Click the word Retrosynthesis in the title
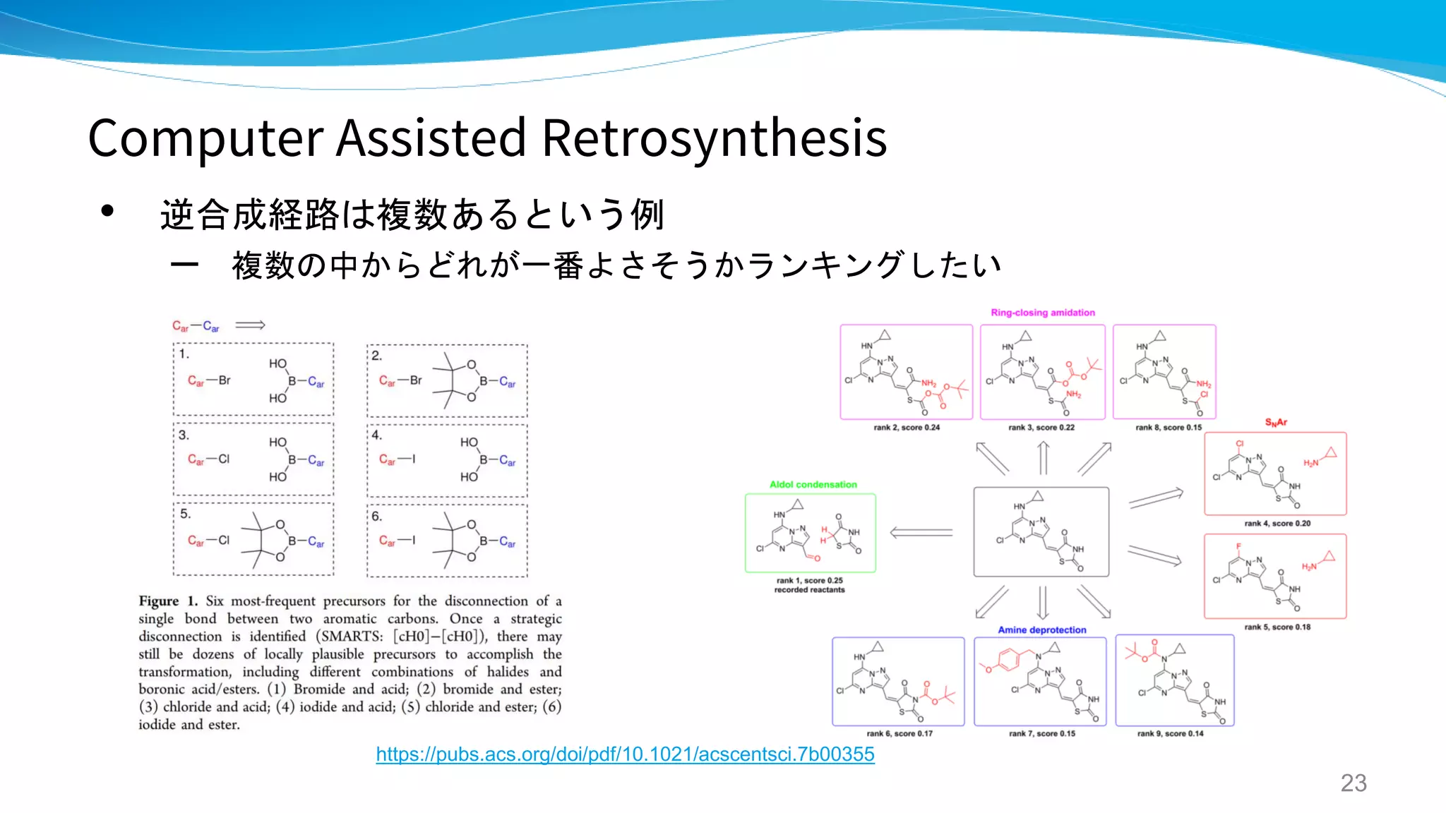point(714,138)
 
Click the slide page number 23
point(1353,783)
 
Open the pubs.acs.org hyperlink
point(625,754)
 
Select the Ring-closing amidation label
point(1042,313)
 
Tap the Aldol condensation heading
point(813,484)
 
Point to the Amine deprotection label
point(1041,630)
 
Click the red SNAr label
point(1275,422)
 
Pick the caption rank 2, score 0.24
point(906,427)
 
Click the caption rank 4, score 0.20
point(1277,523)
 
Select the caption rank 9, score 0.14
point(1170,733)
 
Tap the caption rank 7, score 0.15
point(1041,733)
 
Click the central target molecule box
point(1041,531)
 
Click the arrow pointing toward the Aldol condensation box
point(921,532)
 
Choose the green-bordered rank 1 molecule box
point(810,533)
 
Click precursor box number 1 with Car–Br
point(253,380)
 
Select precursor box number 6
point(447,540)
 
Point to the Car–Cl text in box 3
point(208,459)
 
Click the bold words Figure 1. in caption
point(168,601)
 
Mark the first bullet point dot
point(107,210)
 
